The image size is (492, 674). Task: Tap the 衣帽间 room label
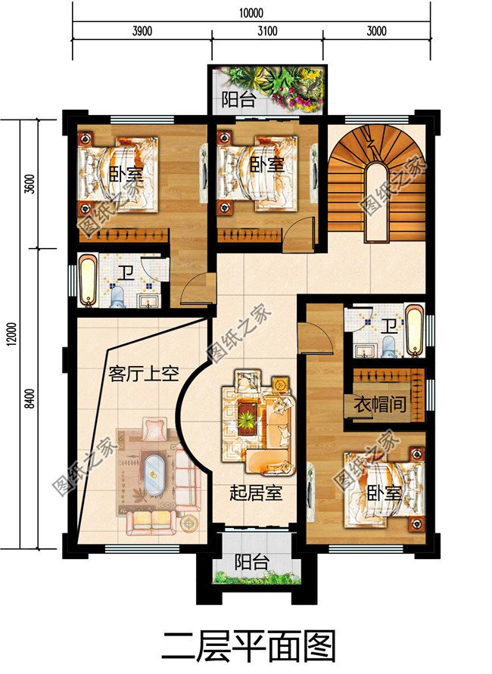pyautogui.click(x=379, y=405)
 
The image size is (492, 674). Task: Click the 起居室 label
pyautogui.click(x=256, y=493)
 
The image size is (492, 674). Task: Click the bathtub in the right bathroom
pyautogui.click(x=415, y=330)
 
